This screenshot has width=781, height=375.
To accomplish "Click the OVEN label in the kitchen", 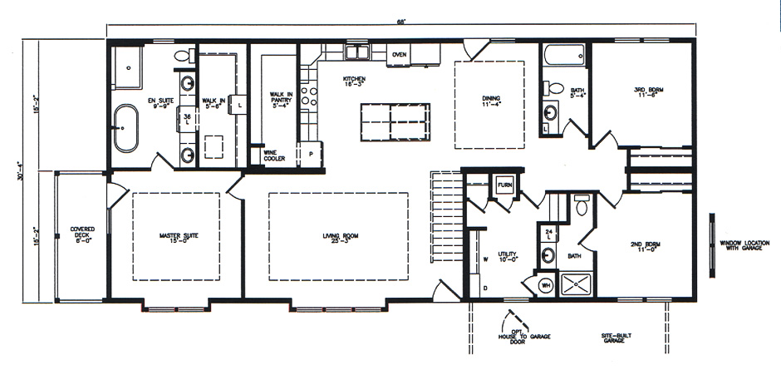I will click(399, 55).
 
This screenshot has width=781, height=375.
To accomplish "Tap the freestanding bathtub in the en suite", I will click(126, 128).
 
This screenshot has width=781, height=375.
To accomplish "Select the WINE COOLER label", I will click(275, 155).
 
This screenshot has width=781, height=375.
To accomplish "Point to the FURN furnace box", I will click(504, 185).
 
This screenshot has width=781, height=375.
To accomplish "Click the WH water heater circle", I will click(546, 285).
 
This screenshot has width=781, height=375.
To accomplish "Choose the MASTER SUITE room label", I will click(179, 236).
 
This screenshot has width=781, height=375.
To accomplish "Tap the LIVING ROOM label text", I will click(340, 236).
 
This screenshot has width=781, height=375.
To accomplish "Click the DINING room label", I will click(490, 101).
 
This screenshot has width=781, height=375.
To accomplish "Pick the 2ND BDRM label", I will click(646, 247).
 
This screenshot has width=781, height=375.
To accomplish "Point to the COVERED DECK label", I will click(82, 234).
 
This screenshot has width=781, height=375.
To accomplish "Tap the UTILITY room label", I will click(508, 257).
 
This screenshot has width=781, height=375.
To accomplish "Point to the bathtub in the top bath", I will click(565, 57).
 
